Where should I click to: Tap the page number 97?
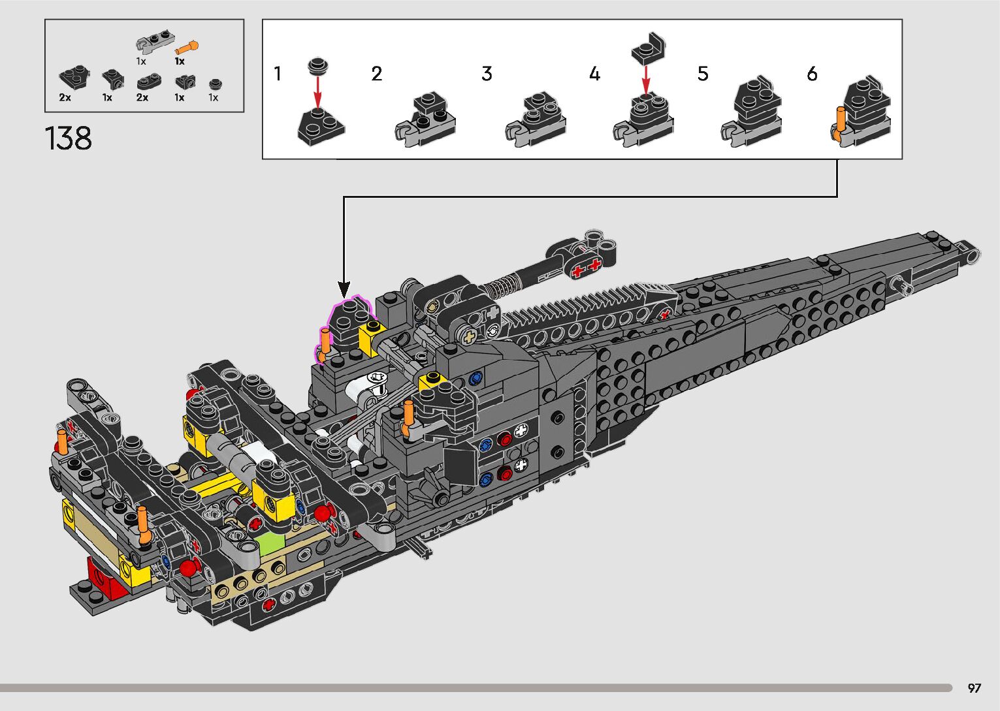coord(975,687)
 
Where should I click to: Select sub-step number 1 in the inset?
coord(278,74)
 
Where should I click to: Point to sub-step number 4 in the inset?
coord(594,74)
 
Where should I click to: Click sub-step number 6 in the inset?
coord(812,74)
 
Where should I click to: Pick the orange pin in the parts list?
coord(187,47)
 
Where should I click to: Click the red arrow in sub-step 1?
coord(317,92)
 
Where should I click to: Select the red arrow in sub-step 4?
coord(646,81)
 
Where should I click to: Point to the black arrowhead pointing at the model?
coord(344,289)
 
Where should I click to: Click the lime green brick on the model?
coord(270,544)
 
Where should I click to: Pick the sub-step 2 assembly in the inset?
coord(425,119)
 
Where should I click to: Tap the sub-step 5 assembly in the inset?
coord(751,112)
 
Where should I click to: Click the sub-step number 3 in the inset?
coord(487,74)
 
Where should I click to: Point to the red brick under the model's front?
coord(106,579)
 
